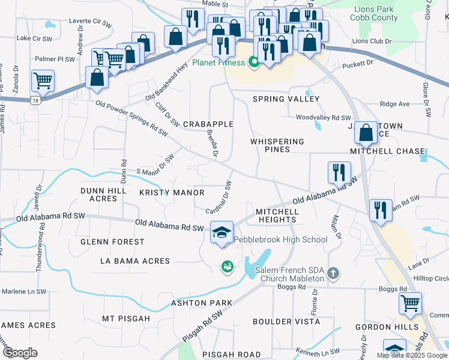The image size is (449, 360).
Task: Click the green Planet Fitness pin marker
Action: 253,62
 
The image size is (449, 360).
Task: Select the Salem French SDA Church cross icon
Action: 334,275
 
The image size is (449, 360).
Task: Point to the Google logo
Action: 19,353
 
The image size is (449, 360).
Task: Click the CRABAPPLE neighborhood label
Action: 208,124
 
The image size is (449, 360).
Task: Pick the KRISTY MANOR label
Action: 172,193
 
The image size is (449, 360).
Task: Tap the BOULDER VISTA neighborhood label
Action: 278,322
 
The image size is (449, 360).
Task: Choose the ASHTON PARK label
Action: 201,303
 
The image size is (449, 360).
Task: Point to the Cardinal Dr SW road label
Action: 220,197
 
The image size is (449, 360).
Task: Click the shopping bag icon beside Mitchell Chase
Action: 366,133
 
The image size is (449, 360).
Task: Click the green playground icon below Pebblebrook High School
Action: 227,266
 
